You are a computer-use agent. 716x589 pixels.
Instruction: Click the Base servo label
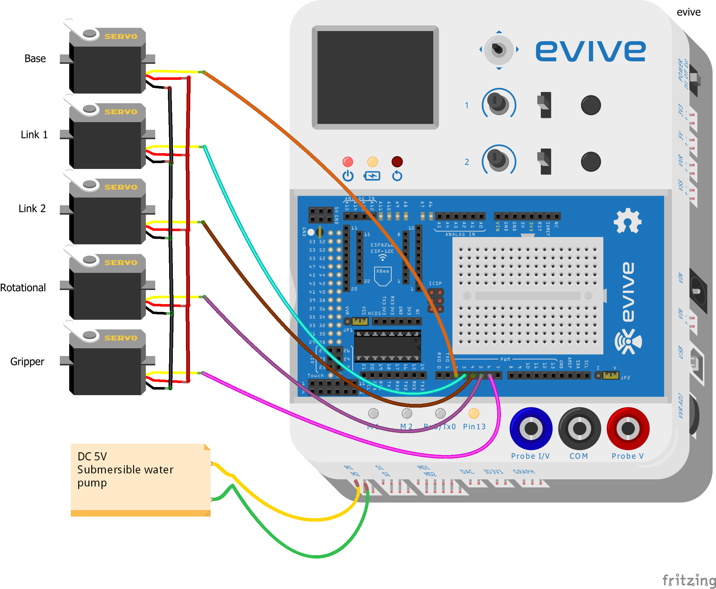(35, 59)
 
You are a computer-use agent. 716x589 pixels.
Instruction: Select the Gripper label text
(27, 362)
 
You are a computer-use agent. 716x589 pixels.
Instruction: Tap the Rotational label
(23, 288)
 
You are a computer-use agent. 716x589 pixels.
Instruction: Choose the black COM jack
(579, 428)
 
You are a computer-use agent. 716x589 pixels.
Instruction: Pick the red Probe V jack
(628, 428)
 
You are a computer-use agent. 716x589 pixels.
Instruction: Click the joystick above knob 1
(498, 49)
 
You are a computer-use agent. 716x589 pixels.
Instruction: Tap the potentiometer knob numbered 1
(498, 103)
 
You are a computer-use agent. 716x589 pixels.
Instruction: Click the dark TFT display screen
(375, 77)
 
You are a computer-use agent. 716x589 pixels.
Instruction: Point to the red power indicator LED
(348, 162)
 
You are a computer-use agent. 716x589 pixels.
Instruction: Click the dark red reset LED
(397, 162)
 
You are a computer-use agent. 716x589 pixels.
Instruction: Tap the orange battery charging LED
(372, 162)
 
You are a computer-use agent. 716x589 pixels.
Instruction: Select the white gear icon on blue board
(627, 221)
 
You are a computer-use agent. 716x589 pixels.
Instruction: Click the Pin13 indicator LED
(474, 413)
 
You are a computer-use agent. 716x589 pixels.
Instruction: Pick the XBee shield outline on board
(382, 276)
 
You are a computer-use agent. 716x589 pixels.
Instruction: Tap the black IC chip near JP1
(387, 346)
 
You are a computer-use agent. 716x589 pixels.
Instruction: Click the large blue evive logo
(590, 51)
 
